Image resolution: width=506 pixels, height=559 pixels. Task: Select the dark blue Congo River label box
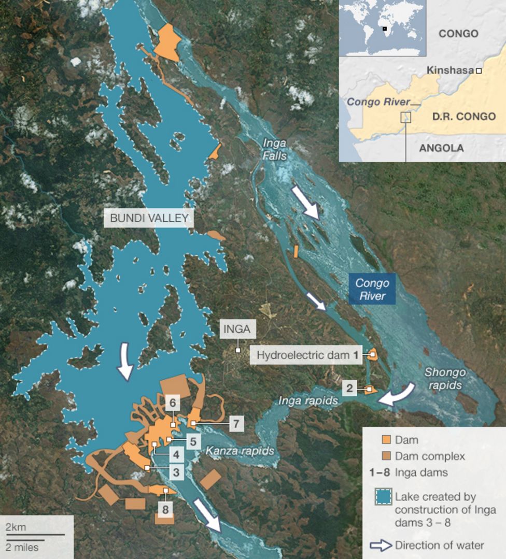[372, 289]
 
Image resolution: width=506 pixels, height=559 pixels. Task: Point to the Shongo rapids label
[445, 379]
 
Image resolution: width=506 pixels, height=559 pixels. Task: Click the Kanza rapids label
[240, 451]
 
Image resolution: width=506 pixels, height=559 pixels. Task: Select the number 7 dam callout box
[236, 424]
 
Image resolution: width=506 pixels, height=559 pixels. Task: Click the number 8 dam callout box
[165, 509]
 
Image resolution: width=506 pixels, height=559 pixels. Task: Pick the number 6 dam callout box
[173, 402]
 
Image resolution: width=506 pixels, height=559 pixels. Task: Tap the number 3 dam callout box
[176, 472]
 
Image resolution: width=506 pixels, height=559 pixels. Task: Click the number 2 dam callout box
[349, 388]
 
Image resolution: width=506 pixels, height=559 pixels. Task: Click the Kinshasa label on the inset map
[449, 70]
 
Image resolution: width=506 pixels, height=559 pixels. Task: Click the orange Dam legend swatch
[386, 440]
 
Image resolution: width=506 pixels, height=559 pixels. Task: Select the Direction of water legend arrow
[381, 545]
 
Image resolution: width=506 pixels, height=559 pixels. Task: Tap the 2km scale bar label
[16, 527]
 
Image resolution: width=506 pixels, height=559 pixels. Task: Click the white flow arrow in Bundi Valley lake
[125, 362]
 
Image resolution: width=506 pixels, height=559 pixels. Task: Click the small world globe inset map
[383, 28]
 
